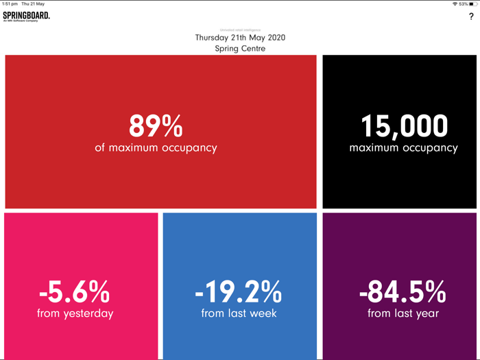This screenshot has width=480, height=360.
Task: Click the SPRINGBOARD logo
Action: [26, 15]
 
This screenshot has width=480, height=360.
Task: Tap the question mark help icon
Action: [471, 16]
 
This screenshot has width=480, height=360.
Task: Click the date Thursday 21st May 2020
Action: [240, 38]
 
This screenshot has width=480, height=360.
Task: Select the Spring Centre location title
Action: [240, 49]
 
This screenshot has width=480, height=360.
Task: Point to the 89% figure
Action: [156, 126]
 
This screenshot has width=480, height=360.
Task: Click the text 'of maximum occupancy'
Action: [156, 147]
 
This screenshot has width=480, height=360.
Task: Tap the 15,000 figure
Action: [404, 126]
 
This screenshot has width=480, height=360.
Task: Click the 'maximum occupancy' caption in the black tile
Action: [403, 147]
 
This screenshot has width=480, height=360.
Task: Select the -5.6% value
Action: [75, 293]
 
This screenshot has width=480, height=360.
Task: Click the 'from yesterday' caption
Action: [75, 313]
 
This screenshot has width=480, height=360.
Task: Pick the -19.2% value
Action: [239, 293]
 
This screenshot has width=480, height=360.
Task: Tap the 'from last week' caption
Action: [239, 313]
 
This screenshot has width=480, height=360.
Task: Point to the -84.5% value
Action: [403, 293]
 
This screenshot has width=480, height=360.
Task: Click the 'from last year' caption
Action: [403, 313]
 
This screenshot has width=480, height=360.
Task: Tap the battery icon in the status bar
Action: [473, 4]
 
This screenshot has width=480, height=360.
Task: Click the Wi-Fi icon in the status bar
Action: [455, 4]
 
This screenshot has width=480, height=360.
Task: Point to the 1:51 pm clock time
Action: [10, 4]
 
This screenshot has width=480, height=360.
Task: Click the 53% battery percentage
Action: [464, 4]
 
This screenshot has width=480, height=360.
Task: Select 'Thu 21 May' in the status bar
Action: [33, 4]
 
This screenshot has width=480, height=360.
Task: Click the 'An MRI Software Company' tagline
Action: [18, 21]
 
